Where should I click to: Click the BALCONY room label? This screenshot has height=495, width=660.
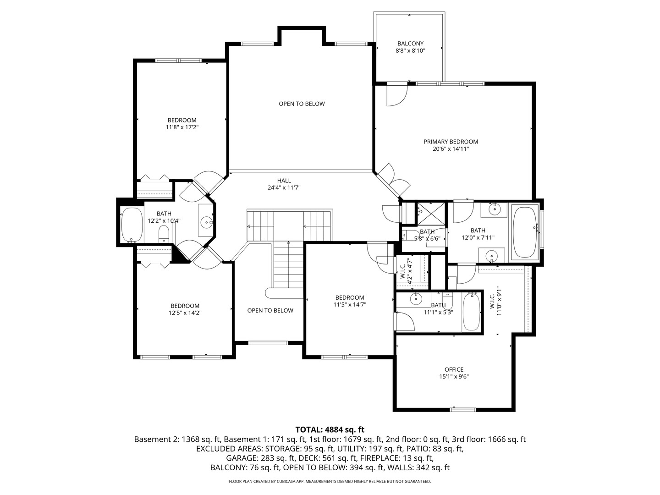pos(410,44)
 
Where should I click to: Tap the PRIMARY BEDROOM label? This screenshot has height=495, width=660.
pos(451,142)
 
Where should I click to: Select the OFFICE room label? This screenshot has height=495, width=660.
pos(454,369)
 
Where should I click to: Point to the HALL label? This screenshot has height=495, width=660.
pos(284,181)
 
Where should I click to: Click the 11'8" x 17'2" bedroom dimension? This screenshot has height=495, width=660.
pos(182,127)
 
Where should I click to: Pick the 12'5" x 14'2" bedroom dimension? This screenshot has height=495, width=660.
pos(185,313)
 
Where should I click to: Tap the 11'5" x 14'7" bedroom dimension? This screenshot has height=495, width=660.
pos(349,305)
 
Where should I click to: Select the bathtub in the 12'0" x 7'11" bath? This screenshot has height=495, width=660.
pos(525,232)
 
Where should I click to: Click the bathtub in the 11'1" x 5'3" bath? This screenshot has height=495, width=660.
pos(471,312)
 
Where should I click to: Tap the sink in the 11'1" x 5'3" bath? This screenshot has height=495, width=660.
pos(416,299)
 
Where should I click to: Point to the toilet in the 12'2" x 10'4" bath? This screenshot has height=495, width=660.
pos(164,235)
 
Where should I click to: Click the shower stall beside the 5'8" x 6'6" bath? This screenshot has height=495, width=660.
pos(430,213)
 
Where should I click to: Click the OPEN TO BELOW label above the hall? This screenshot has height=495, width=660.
pos(302,104)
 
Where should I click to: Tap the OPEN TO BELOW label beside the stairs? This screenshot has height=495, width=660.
pos(270,310)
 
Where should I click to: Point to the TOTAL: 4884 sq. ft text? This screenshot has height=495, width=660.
pos(330,429)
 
